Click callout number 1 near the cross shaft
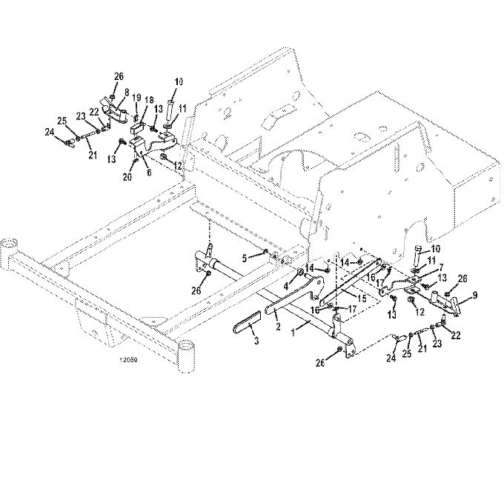tap(293, 333)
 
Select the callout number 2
tap(278, 327)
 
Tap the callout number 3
tap(256, 341)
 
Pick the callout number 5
tap(245, 258)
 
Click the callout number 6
tap(149, 173)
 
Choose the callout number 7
tap(441, 267)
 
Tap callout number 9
tap(475, 296)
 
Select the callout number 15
tap(362, 298)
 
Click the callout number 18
tap(150, 100)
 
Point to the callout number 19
tap(136, 97)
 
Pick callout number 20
tap(127, 177)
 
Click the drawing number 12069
tap(128, 360)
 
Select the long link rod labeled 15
tap(351, 282)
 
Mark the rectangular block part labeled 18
tap(138, 128)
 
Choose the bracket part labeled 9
tap(445, 303)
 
